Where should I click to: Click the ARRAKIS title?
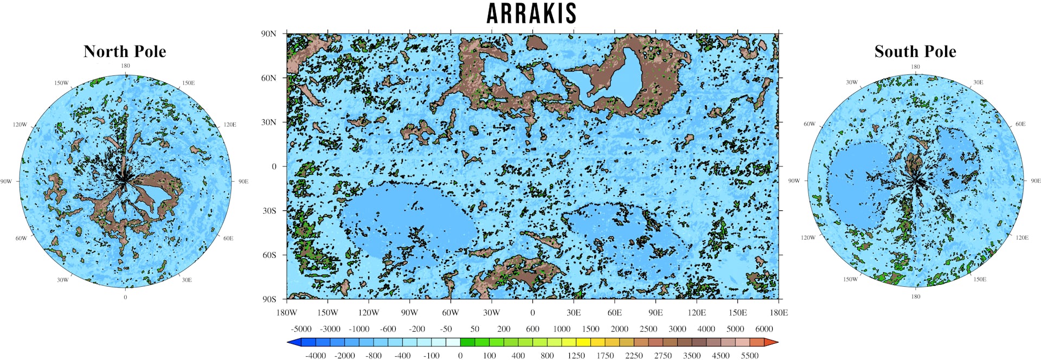click(531, 14)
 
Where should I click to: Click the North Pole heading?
click(125, 52)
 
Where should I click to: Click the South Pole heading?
click(915, 52)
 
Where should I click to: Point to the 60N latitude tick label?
click(269, 78)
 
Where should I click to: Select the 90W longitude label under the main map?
click(409, 313)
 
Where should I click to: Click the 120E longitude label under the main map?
click(697, 313)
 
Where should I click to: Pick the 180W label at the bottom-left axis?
click(286, 313)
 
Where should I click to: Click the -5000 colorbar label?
click(301, 329)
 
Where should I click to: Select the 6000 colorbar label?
click(764, 329)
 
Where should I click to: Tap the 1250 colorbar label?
click(576, 356)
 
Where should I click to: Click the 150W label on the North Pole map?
click(61, 83)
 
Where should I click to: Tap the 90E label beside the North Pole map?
click(243, 182)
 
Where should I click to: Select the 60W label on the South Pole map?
click(809, 124)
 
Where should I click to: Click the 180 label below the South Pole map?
click(916, 297)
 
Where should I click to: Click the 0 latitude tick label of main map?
click(274, 166)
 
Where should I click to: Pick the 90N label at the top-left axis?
click(269, 34)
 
